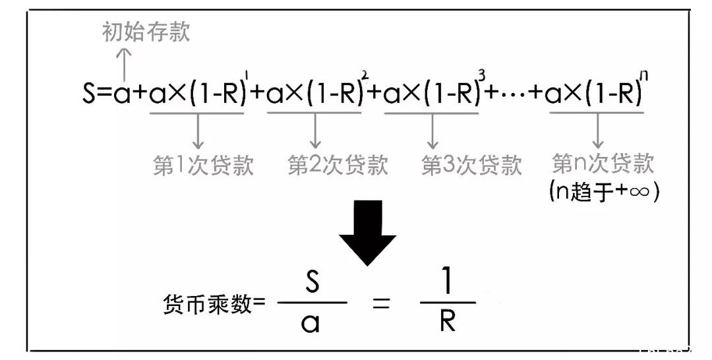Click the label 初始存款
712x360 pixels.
click(x=146, y=32)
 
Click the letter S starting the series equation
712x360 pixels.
click(x=89, y=92)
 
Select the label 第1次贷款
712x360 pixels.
click(x=203, y=165)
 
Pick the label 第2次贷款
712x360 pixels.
click(x=338, y=164)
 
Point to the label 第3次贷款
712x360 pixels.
click(x=472, y=164)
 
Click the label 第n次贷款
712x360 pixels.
click(x=603, y=163)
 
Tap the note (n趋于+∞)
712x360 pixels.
click(x=604, y=191)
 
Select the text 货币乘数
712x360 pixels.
click(x=206, y=303)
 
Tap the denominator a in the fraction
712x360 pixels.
click(x=311, y=323)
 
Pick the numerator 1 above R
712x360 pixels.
click(x=448, y=281)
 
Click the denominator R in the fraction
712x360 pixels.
click(x=447, y=321)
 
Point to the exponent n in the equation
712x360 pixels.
click(x=644, y=75)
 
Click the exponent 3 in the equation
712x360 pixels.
click(x=482, y=75)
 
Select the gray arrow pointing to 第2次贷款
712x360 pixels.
click(x=315, y=131)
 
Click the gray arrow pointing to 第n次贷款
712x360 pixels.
click(x=597, y=131)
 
